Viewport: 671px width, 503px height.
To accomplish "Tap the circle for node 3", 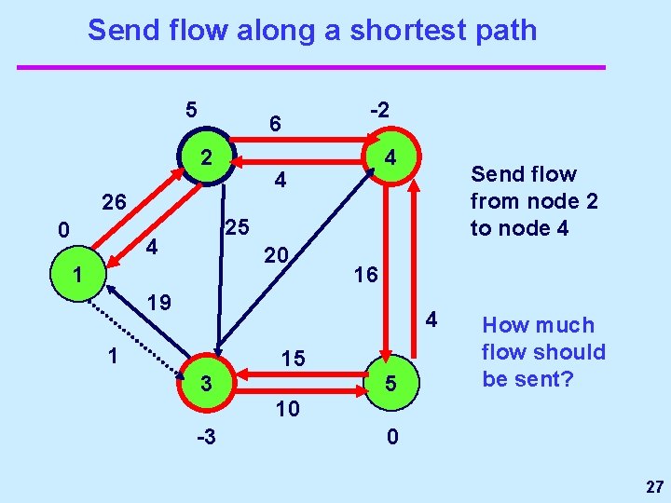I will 208,383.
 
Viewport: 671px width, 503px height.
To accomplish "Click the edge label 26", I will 116,202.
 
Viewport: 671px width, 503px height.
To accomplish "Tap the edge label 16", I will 364,275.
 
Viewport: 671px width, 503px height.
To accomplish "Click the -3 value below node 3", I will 206,436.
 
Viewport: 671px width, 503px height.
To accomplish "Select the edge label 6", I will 275,123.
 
